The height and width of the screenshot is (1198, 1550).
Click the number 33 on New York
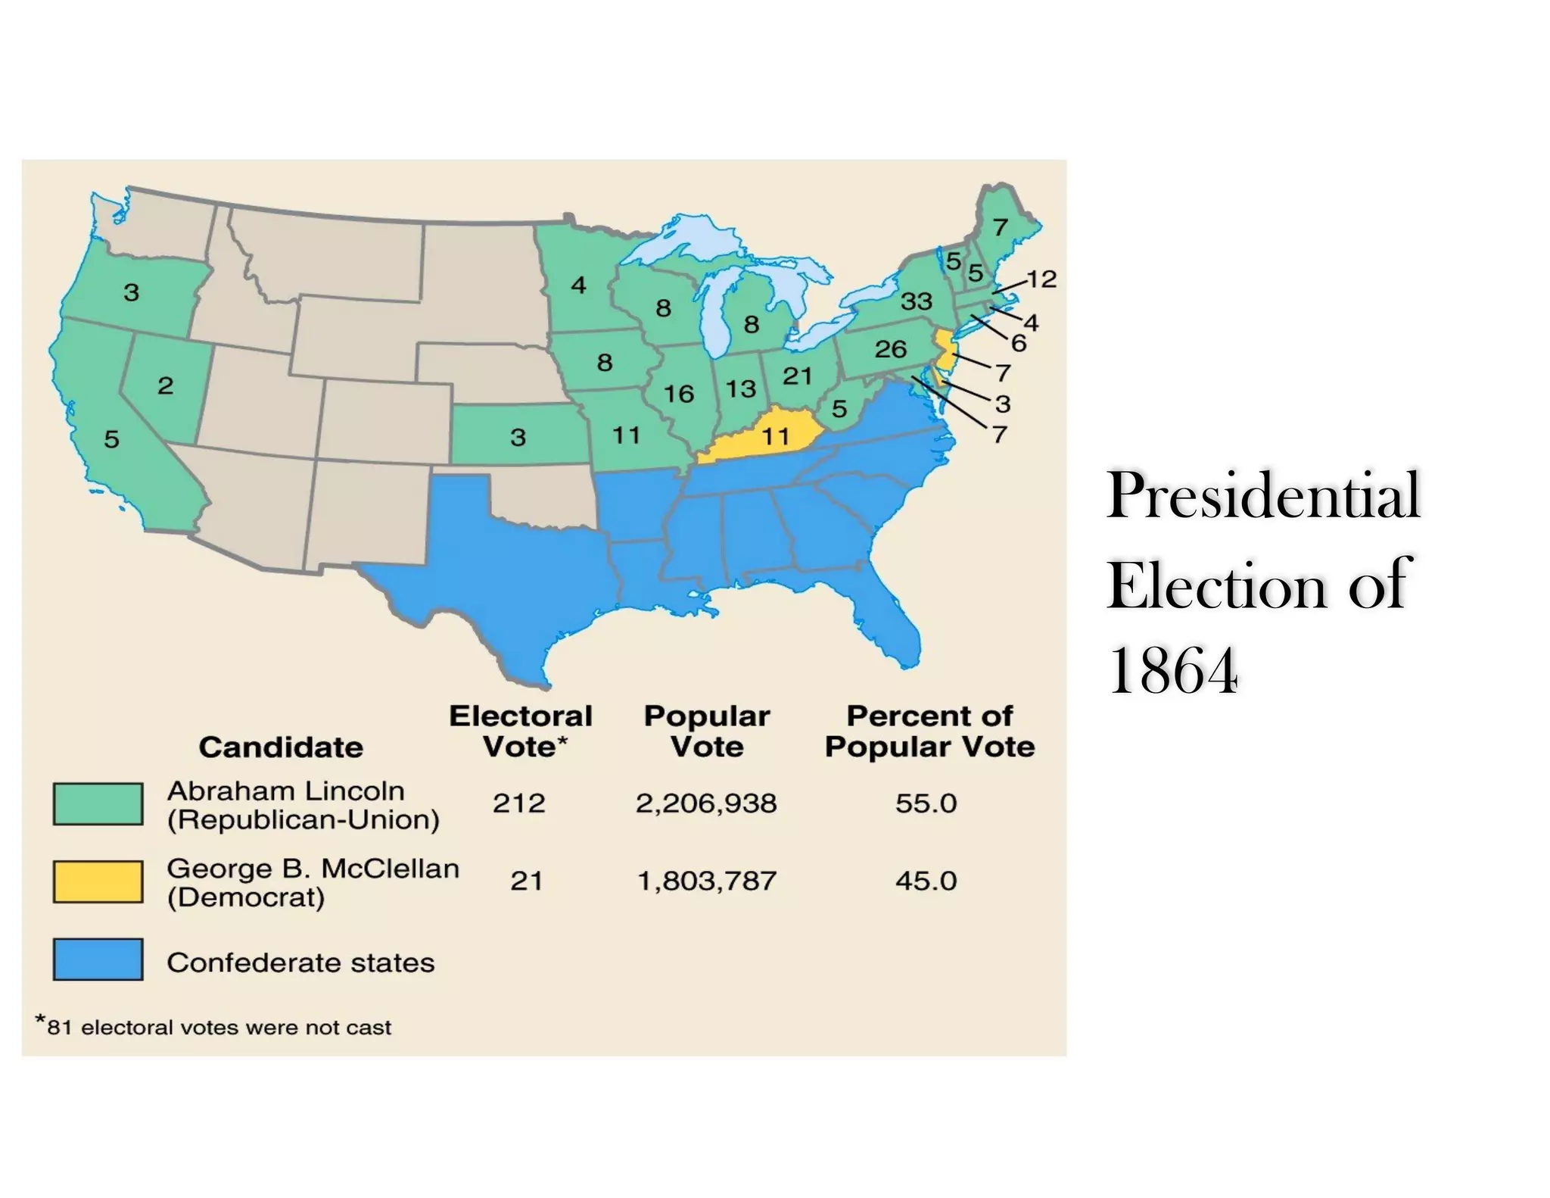point(916,301)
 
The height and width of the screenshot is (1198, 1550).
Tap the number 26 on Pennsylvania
point(890,349)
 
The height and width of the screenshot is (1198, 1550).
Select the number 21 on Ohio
point(797,376)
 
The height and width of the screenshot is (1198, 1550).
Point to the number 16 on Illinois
point(678,394)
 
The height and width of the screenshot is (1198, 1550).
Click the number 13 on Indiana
point(740,389)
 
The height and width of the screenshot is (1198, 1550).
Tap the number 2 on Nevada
point(165,385)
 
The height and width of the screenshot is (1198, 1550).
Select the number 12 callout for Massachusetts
point(1041,279)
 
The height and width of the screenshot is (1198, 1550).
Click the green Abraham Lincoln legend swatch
point(98,803)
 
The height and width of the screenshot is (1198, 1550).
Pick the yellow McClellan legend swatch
point(98,881)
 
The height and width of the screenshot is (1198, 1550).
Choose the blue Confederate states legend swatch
point(98,959)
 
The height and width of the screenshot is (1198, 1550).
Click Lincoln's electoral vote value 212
point(518,803)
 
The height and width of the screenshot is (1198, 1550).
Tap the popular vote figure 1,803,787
point(706,881)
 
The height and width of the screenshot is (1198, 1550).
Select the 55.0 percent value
point(926,803)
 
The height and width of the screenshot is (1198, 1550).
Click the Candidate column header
point(281,747)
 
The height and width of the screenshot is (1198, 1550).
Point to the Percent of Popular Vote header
point(929,732)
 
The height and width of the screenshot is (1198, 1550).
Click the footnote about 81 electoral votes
point(214,1027)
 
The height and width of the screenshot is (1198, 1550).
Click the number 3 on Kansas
point(518,437)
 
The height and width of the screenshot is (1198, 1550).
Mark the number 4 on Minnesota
point(578,285)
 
